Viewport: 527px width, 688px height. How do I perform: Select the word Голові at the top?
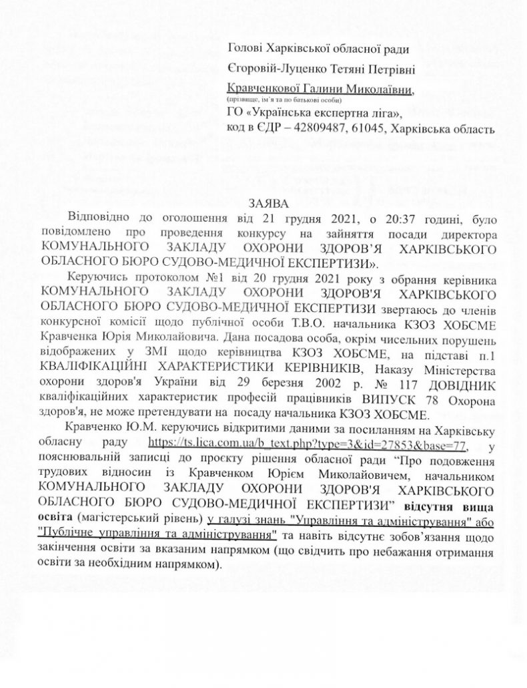(x=245, y=48)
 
